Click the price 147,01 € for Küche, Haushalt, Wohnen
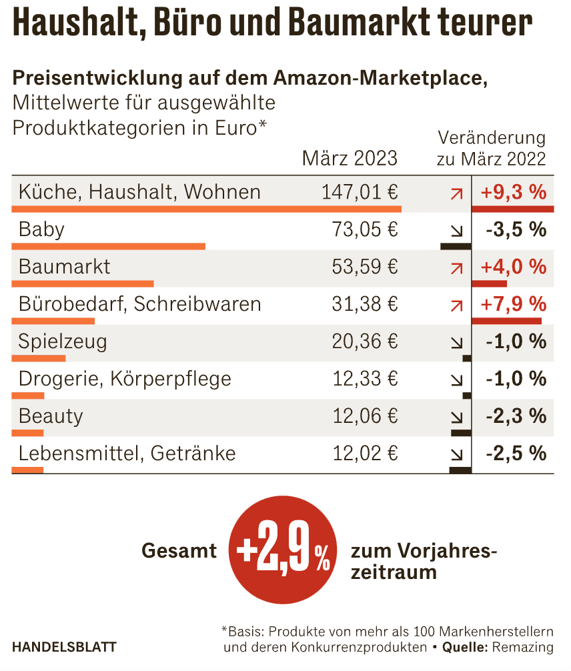pyautogui.click(x=360, y=193)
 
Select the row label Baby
pyautogui.click(x=41, y=230)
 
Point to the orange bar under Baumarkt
pyautogui.click(x=83, y=283)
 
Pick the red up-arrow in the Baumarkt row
pyautogui.click(x=457, y=268)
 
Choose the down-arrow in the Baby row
pyautogui.click(x=457, y=231)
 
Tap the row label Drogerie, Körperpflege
pyautogui.click(x=125, y=380)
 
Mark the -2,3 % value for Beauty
pyautogui.click(x=516, y=417)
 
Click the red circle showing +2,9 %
pyautogui.click(x=283, y=551)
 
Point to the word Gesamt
pyautogui.click(x=179, y=551)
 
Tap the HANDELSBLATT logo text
pyautogui.click(x=64, y=647)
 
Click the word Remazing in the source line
pyautogui.click(x=525, y=647)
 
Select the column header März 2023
pyautogui.click(x=350, y=159)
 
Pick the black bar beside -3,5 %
pyautogui.click(x=456, y=246)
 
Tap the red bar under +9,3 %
pyautogui.click(x=512, y=209)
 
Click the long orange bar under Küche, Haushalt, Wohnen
pyautogui.click(x=207, y=209)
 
